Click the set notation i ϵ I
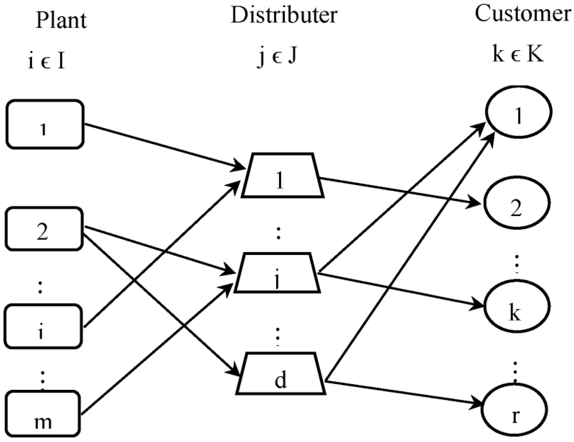(46, 62)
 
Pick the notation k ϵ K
(518, 55)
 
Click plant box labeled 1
(45, 125)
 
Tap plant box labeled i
(43, 326)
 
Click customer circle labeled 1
(518, 112)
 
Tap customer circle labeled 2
(517, 203)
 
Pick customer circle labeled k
(517, 306)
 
